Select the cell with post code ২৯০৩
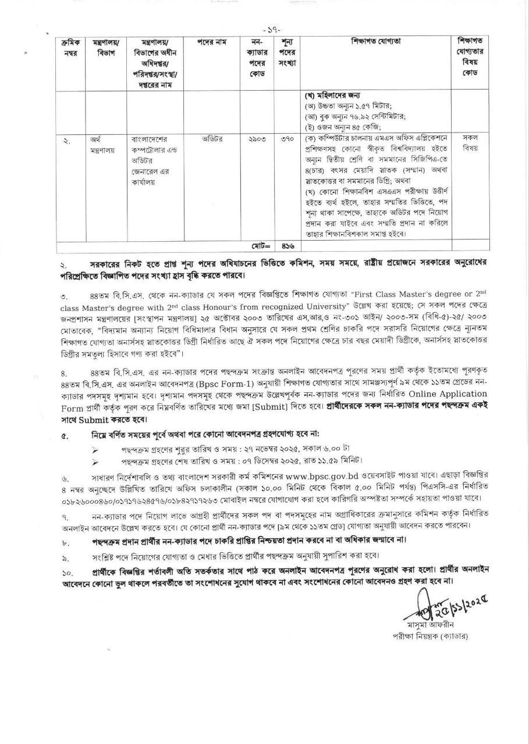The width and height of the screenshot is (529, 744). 257,139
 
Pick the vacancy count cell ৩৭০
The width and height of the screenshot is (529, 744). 285,139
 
